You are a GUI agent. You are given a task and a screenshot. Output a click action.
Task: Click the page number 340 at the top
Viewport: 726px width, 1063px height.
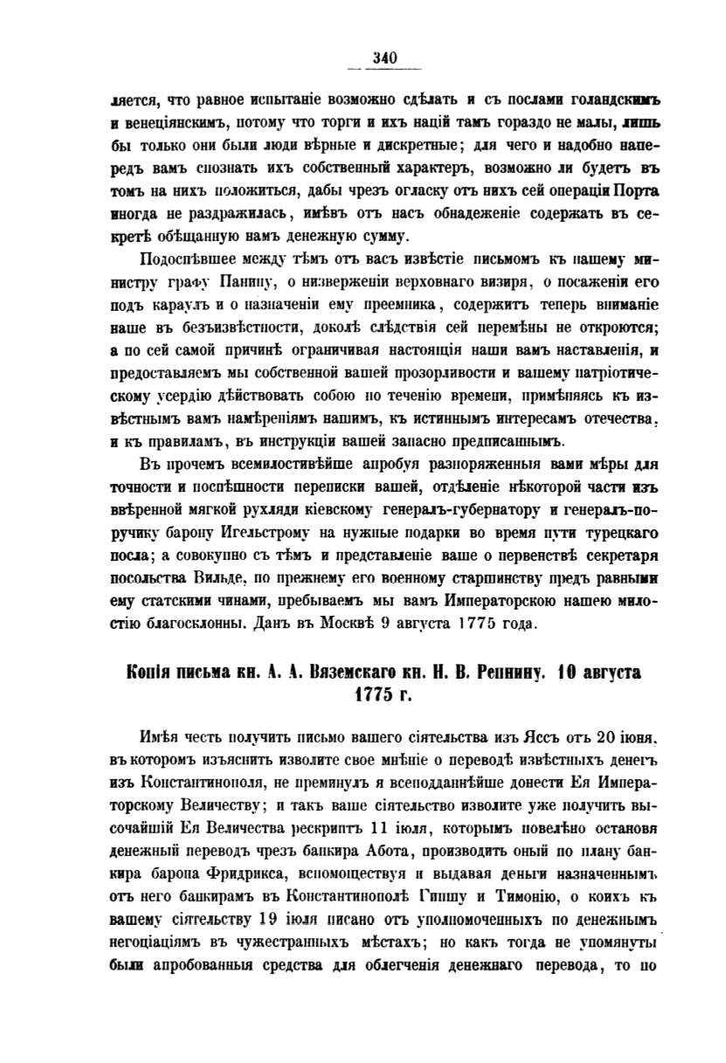(x=384, y=59)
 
